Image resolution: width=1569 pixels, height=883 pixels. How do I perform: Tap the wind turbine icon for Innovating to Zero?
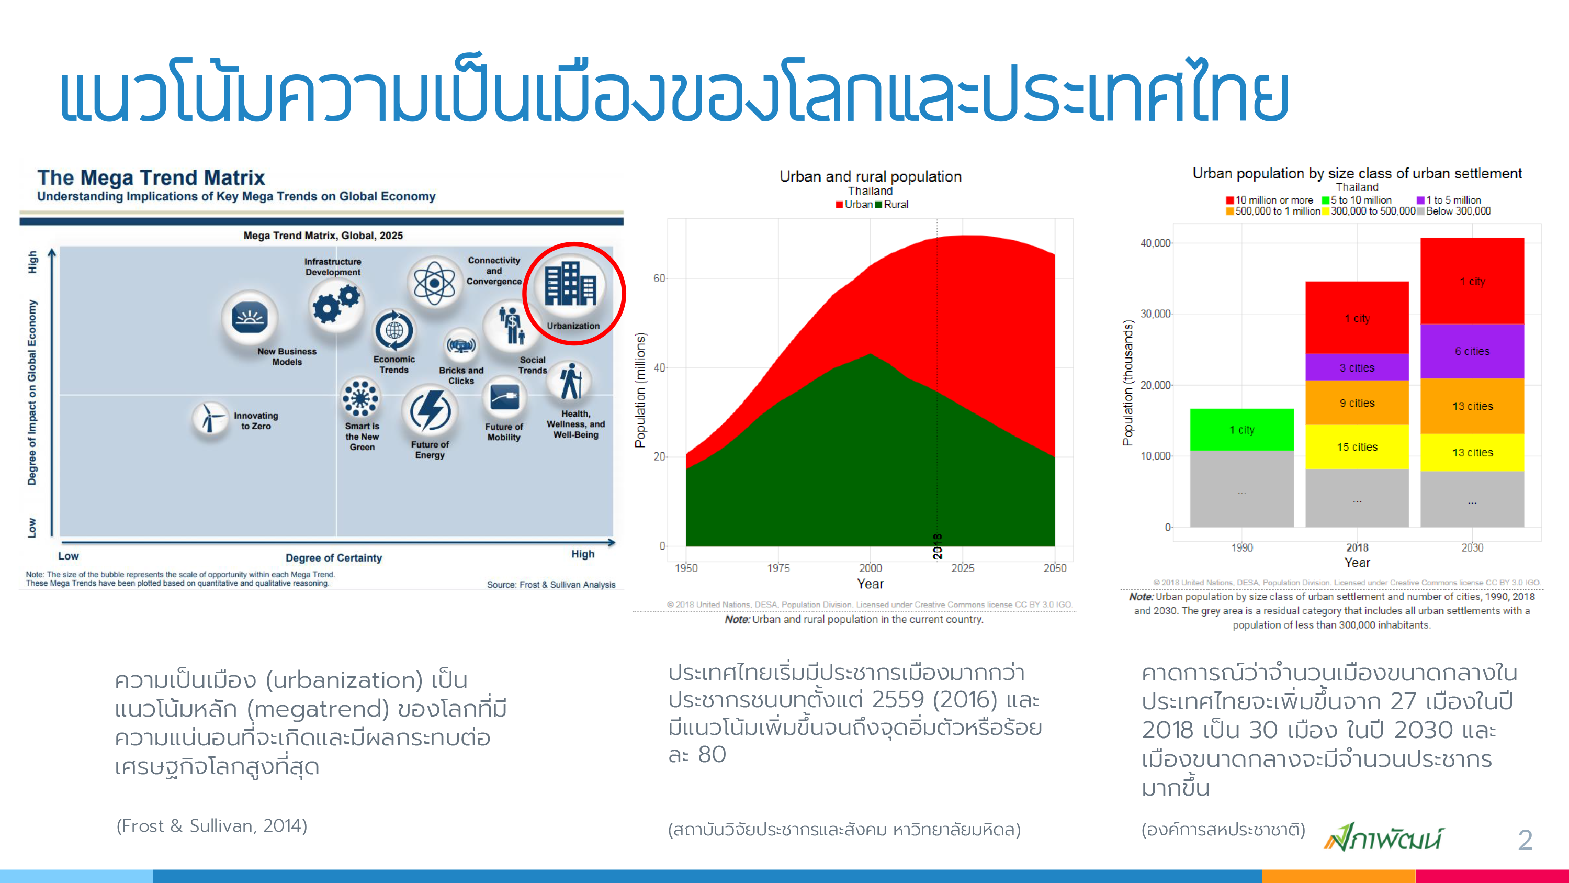pyautogui.click(x=210, y=418)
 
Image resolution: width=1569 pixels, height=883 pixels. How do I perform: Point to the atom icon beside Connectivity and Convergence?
pyautogui.click(x=434, y=283)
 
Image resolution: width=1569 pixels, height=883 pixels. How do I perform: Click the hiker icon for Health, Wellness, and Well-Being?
pyautogui.click(x=571, y=382)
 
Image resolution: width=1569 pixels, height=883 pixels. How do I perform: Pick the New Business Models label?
pyautogui.click(x=287, y=356)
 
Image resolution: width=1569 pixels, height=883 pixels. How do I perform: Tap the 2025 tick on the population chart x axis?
pyautogui.click(x=962, y=568)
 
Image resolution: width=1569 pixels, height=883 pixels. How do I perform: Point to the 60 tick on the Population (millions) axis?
pyautogui.click(x=659, y=278)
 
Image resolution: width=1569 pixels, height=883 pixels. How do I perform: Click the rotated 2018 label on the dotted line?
pyautogui.click(x=938, y=546)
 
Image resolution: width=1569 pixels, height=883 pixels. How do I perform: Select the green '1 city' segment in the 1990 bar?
pyautogui.click(x=1242, y=430)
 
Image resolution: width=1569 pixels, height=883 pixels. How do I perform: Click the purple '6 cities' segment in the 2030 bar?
pyautogui.click(x=1472, y=351)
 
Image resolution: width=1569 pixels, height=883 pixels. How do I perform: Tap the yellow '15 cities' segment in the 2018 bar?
pyautogui.click(x=1357, y=446)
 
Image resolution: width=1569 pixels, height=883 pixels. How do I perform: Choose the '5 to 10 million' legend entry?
pyautogui.click(x=1357, y=200)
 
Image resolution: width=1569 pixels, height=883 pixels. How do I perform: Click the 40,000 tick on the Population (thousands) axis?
pyautogui.click(x=1155, y=243)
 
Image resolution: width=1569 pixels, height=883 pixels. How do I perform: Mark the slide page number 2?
pyautogui.click(x=1525, y=841)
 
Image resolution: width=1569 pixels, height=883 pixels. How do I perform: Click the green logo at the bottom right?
pyautogui.click(x=1383, y=837)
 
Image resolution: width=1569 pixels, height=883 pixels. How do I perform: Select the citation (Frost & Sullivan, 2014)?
pyautogui.click(x=212, y=826)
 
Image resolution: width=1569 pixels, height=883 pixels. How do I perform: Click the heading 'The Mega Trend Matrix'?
pyautogui.click(x=151, y=177)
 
